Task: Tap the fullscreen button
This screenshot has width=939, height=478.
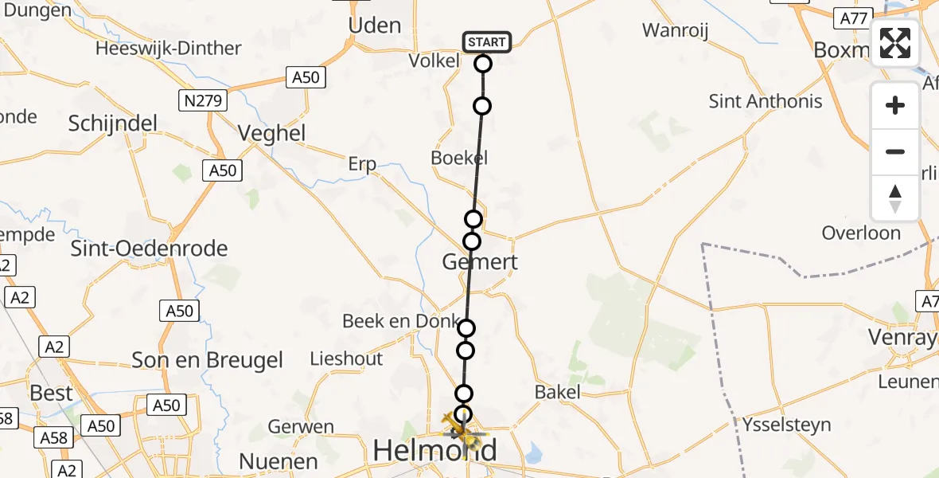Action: (895, 43)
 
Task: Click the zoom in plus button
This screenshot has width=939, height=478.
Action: (895, 105)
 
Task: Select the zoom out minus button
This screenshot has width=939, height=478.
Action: (895, 151)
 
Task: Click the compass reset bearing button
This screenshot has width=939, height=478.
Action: (895, 198)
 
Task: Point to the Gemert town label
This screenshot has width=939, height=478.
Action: (480, 261)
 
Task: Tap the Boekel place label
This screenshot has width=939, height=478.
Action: (459, 157)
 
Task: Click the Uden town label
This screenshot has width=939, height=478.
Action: (375, 25)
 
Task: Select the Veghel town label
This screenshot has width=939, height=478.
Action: (271, 133)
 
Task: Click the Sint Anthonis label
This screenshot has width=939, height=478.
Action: (766, 101)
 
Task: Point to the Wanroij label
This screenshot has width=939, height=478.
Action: (676, 30)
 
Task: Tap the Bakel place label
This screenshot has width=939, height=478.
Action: (557, 392)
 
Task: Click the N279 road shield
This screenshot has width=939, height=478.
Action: (203, 100)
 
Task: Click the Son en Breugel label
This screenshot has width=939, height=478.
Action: (207, 360)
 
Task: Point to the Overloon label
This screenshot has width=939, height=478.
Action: (861, 233)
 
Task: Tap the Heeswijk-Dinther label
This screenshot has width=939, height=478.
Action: (168, 48)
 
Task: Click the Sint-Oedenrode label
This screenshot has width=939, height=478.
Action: (149, 249)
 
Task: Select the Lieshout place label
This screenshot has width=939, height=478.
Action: (346, 358)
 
